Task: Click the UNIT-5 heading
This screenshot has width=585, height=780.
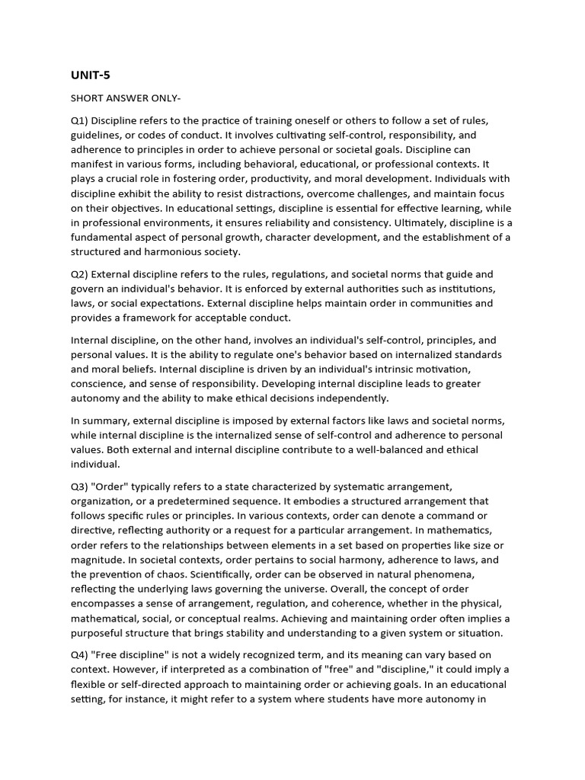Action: pos(91,75)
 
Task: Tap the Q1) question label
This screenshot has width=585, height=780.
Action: pos(81,121)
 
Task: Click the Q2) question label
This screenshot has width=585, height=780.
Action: pos(81,273)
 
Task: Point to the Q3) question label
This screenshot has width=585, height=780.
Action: pos(81,486)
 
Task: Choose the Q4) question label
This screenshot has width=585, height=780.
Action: pos(81,655)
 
